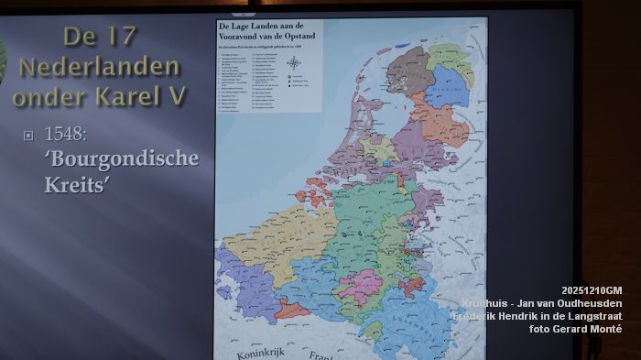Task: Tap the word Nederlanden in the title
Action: click(99, 67)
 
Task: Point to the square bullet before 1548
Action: click(28, 135)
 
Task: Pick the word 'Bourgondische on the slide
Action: click(122, 158)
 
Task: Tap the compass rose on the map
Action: click(293, 63)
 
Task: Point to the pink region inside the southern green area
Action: click(361, 285)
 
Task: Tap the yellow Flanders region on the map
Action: click(266, 244)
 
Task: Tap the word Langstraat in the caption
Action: click(590, 316)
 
